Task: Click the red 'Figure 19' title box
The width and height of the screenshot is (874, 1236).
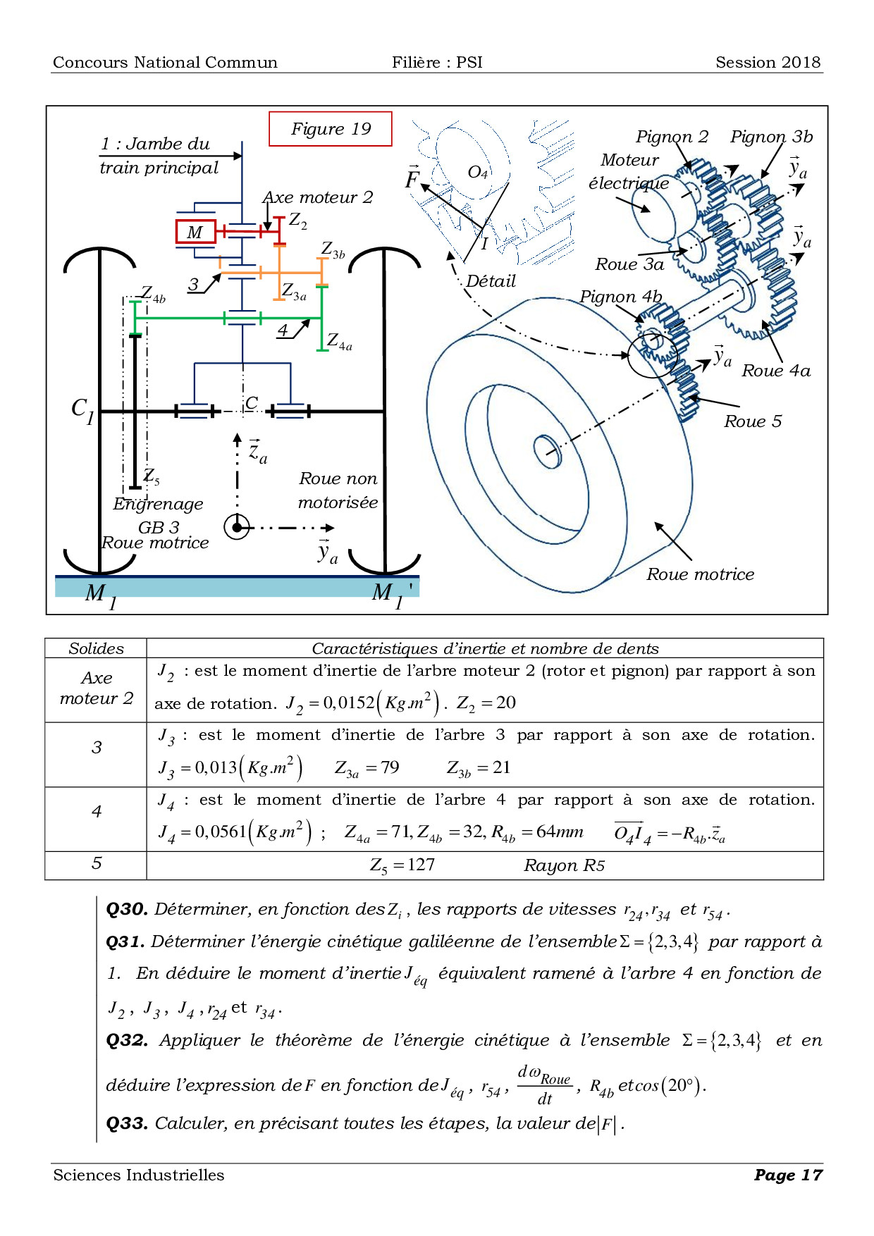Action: pos(331,129)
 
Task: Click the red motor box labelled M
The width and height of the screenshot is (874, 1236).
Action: pos(195,232)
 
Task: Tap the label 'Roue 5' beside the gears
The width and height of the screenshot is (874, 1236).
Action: pos(753,421)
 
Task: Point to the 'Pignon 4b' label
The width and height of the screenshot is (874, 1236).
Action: pos(621,297)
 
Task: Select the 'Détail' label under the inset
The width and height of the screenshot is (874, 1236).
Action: pos(491,281)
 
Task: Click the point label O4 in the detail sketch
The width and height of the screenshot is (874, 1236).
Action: pos(478,172)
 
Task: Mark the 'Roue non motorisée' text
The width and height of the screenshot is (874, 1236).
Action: pos(338,490)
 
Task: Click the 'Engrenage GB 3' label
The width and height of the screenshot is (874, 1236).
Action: pos(159,515)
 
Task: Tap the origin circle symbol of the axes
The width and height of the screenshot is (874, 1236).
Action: pos(237,527)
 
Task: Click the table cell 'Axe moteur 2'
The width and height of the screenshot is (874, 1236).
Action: pos(97,688)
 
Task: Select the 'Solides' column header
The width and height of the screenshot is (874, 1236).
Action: pos(96,648)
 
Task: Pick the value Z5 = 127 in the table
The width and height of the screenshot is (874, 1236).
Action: pos(402,865)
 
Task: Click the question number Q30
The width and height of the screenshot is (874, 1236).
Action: pos(127,909)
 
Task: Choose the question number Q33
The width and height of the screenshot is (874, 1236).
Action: pos(127,1123)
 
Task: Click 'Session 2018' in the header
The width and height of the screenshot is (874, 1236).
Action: pos(768,62)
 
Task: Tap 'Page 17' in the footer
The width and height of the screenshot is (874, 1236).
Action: pos(788,1175)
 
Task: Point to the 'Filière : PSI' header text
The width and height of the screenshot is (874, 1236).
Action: pos(437,62)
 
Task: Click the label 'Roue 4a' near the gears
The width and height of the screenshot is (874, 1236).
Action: pos(776,371)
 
